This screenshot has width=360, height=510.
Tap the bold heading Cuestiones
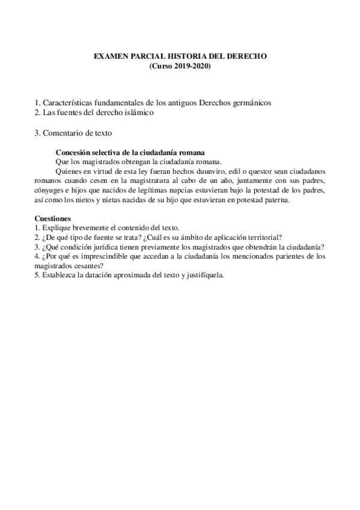click(x=53, y=218)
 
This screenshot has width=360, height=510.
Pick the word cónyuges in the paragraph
click(x=50, y=190)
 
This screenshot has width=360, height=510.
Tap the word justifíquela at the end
click(x=204, y=275)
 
